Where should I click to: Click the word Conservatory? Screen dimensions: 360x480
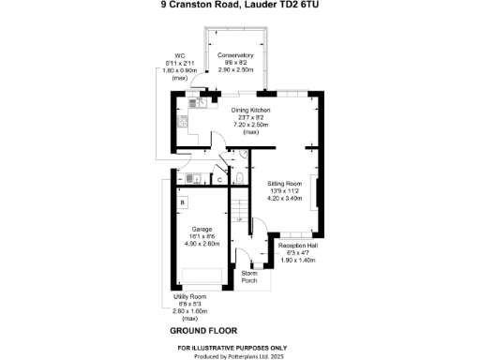(236, 54)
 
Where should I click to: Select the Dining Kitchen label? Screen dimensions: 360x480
(251, 111)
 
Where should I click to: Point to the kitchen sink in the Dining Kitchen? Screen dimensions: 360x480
(186, 121)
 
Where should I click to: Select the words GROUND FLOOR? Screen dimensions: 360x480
(203, 331)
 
